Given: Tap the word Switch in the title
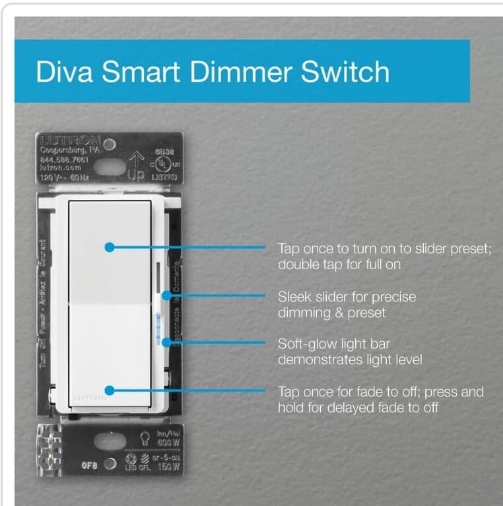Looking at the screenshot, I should pyautogui.click(x=345, y=71).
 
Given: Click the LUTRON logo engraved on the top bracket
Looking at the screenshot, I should pyautogui.click(x=69, y=141).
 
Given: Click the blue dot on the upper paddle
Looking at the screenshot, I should pyautogui.click(x=110, y=247).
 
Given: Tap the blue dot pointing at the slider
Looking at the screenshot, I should pyautogui.click(x=164, y=296).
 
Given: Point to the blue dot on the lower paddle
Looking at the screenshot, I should pyautogui.click(x=110, y=391).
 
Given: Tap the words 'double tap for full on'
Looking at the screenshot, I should pyautogui.click(x=339, y=265).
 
